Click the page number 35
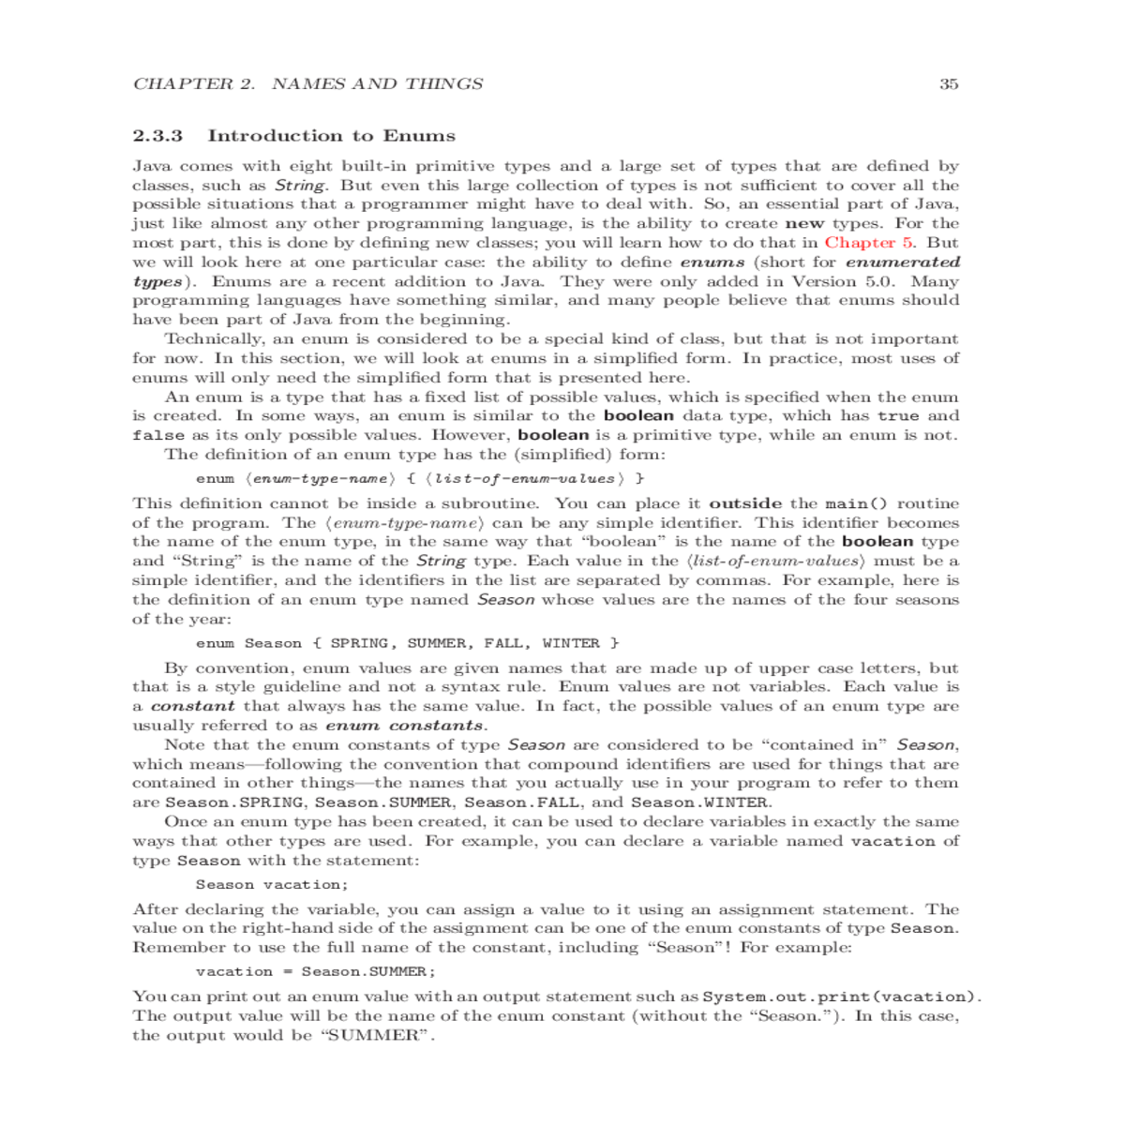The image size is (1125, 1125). pyautogui.click(x=949, y=84)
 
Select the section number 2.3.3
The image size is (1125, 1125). pyautogui.click(x=157, y=136)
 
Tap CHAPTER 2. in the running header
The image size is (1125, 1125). pyautogui.click(x=194, y=84)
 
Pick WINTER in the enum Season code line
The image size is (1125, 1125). pyautogui.click(x=571, y=643)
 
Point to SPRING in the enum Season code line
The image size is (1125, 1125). pyautogui.click(x=360, y=643)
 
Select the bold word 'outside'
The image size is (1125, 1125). pyautogui.click(x=745, y=504)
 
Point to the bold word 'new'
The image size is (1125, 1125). pyautogui.click(x=804, y=223)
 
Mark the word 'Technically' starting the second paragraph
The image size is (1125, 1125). pyautogui.click(x=214, y=339)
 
